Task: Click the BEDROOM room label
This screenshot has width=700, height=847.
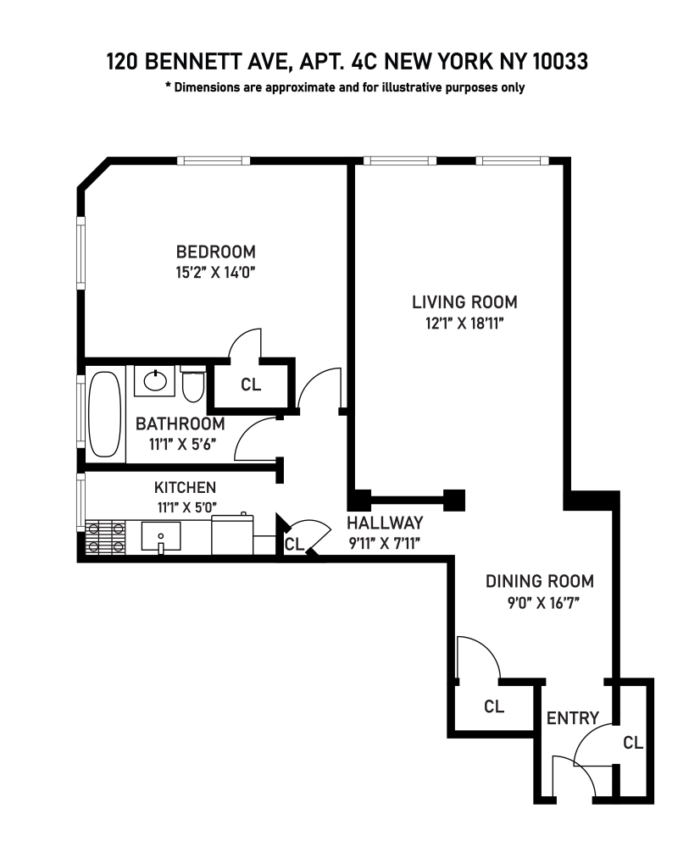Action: pos(215,252)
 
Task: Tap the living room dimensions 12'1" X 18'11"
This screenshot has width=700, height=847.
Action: pos(464,323)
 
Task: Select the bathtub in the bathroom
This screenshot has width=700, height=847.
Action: pos(105,415)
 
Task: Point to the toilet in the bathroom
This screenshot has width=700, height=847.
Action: pos(192,385)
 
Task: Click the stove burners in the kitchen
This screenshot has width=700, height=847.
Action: pos(105,536)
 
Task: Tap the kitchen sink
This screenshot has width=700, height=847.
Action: pos(160,536)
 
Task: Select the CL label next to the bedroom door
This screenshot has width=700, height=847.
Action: pos(251,385)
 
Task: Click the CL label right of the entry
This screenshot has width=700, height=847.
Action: pos(633,743)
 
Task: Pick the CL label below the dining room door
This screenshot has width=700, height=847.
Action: pos(494,706)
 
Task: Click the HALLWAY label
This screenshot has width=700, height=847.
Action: pos(384,523)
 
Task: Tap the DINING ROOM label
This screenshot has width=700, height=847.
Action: pos(539,582)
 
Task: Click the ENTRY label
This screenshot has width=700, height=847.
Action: pos(573,718)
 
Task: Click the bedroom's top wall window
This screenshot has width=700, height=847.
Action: pos(214,160)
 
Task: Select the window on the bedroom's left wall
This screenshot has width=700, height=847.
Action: pos(81,254)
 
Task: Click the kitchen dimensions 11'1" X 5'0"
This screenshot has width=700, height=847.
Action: pos(185,508)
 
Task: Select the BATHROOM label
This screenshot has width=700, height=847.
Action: pos(181,423)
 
